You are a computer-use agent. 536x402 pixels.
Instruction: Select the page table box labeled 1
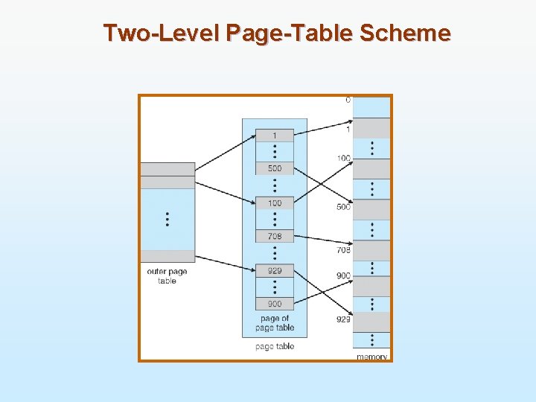coord(274,135)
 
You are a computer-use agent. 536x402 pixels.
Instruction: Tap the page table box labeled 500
coord(274,168)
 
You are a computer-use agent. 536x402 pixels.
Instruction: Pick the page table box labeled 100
coord(274,202)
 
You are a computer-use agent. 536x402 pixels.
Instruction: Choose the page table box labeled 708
coord(274,236)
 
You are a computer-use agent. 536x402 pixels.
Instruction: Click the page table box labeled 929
coord(274,271)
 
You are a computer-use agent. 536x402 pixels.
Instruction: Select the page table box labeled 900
coord(274,304)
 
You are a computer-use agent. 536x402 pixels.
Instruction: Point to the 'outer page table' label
coord(167,276)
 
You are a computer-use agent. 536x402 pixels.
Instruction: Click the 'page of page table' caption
coord(274,323)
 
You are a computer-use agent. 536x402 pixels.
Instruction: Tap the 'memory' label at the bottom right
coord(371,357)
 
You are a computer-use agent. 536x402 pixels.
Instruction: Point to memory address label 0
coord(348,100)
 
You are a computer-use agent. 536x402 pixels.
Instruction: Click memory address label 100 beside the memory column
coord(343,158)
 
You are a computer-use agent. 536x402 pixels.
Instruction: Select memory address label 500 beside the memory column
coord(343,207)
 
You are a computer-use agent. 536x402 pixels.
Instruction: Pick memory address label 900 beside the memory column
coord(343,275)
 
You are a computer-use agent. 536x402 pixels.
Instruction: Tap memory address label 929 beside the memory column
coord(343,319)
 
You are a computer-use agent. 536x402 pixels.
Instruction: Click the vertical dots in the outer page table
coord(167,219)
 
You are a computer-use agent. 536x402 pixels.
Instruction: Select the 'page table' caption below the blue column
coord(274,346)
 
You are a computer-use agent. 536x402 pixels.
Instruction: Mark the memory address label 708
coord(343,250)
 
